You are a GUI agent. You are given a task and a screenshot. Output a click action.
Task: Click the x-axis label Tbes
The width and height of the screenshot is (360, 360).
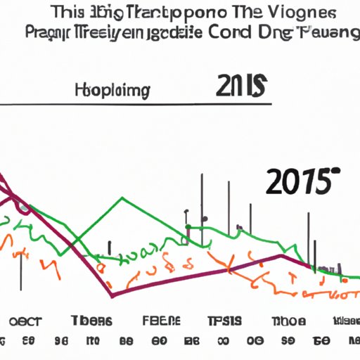(91, 321)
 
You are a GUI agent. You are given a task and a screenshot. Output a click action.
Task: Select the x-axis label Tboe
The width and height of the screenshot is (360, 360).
(288, 321)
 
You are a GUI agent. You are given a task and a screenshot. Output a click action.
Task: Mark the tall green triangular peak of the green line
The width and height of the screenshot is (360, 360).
(122, 199)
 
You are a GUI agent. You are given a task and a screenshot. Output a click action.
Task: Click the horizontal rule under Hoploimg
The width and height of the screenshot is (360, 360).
(141, 105)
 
